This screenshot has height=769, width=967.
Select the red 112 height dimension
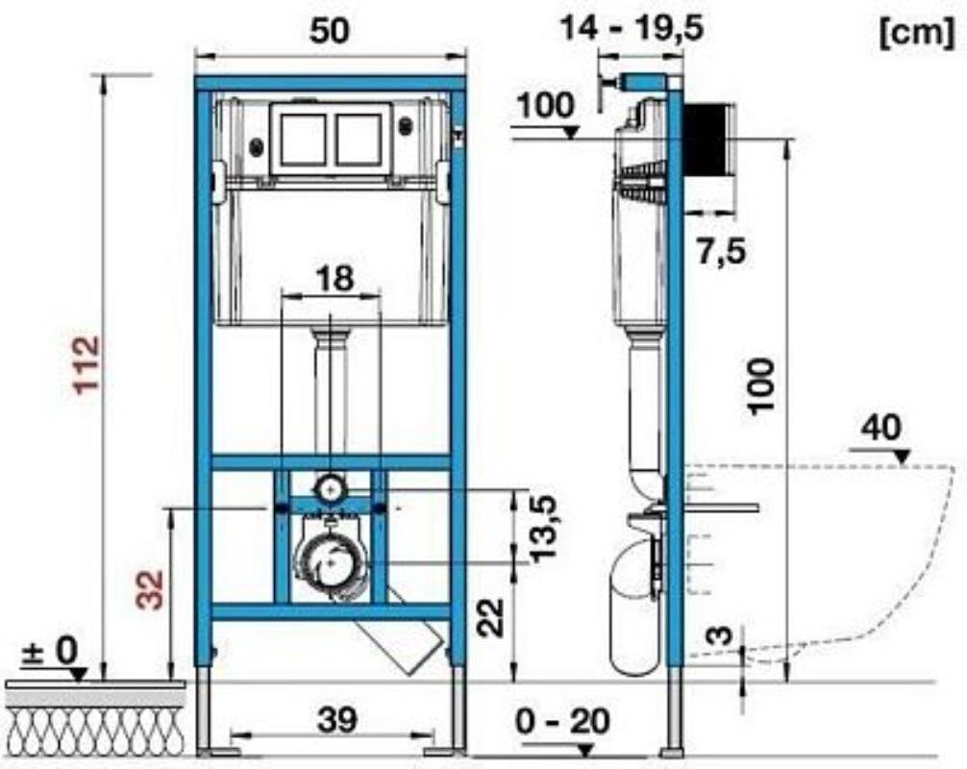pyautogui.click(x=87, y=364)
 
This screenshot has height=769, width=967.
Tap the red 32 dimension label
pyautogui.click(x=150, y=590)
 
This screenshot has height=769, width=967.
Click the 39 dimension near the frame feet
pyautogui.click(x=337, y=719)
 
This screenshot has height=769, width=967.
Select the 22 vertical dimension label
pyautogui.click(x=491, y=618)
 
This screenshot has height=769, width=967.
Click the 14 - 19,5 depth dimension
pyautogui.click(x=632, y=29)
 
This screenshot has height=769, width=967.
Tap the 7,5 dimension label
pyautogui.click(x=722, y=251)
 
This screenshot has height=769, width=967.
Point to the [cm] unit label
pyautogui.click(x=917, y=33)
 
